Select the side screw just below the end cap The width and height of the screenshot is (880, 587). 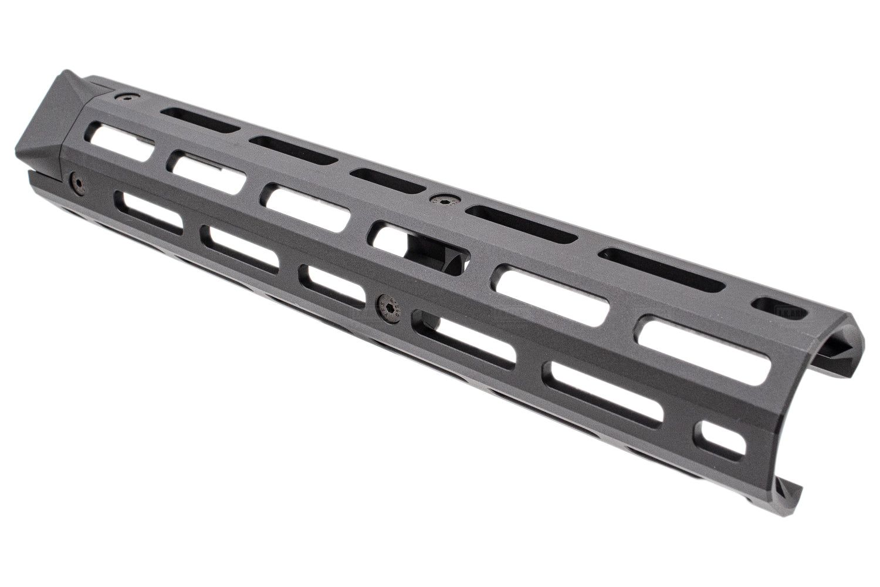(x=76, y=183)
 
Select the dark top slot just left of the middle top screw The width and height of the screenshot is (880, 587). (x=387, y=180)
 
